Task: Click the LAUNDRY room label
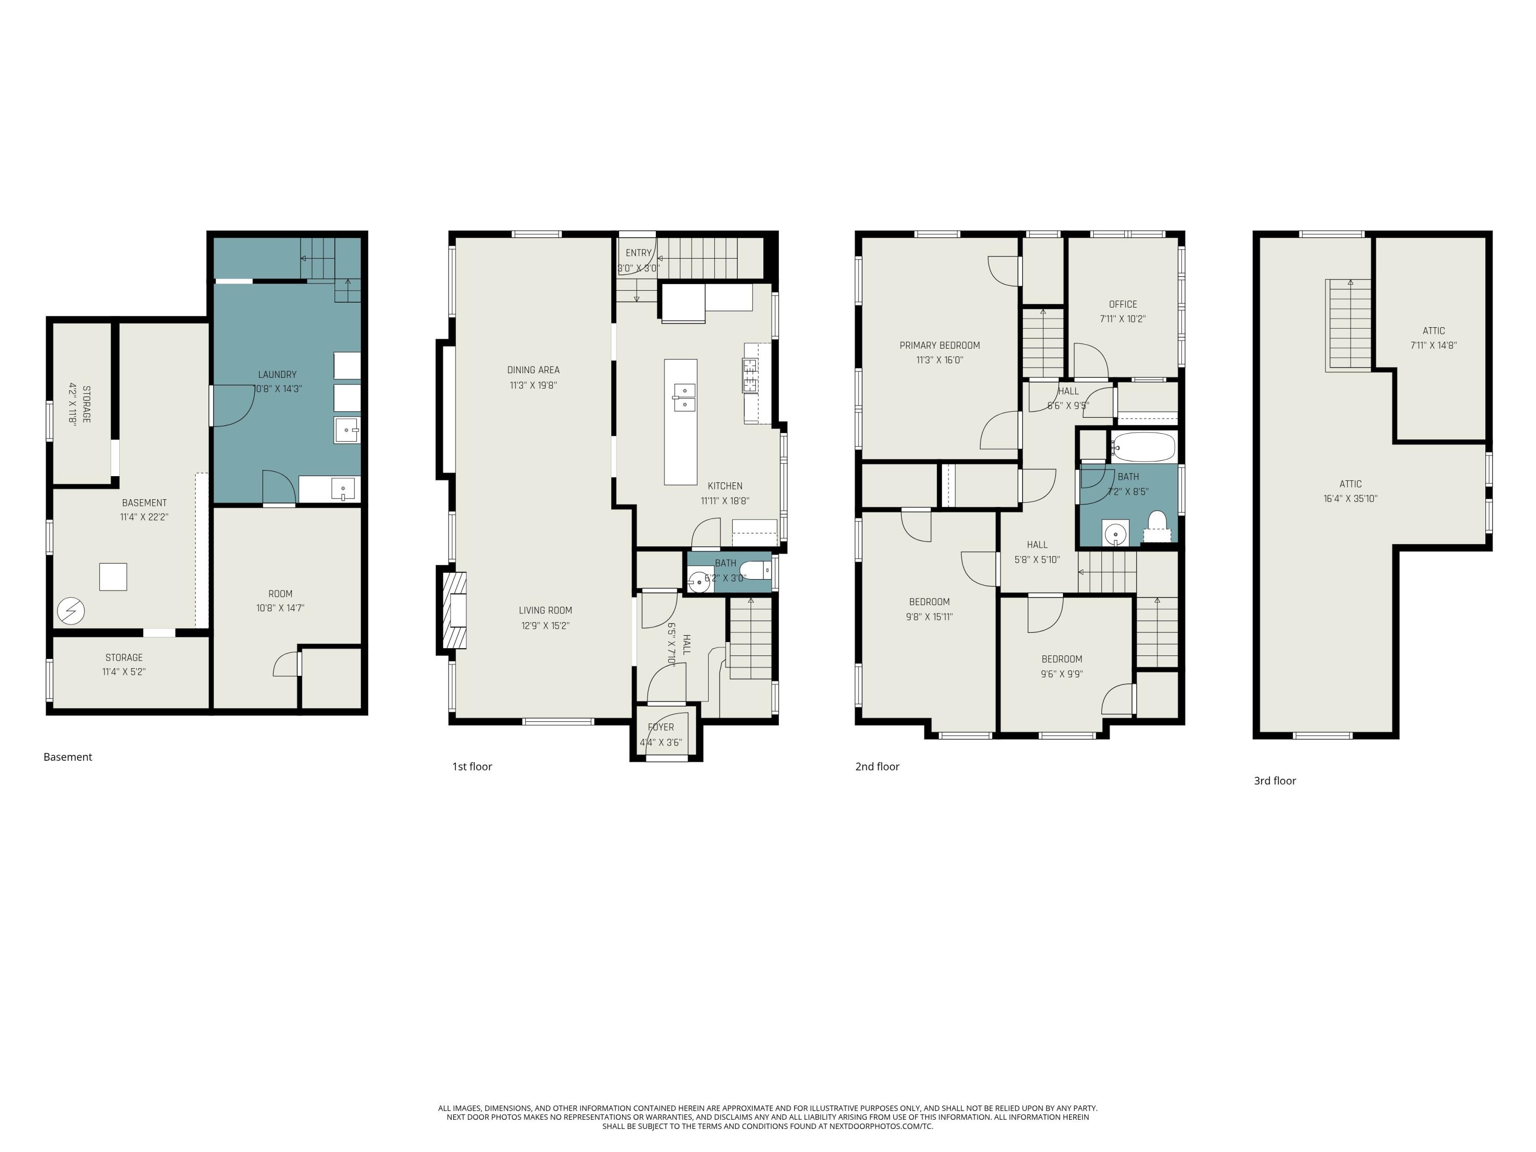click(x=277, y=374)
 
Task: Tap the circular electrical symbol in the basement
click(x=71, y=611)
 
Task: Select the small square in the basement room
click(x=113, y=577)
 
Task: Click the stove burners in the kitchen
click(x=750, y=375)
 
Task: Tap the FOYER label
click(x=660, y=727)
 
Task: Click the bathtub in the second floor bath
click(x=1143, y=447)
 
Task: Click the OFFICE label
click(x=1122, y=304)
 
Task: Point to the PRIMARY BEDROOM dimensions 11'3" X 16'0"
click(x=939, y=360)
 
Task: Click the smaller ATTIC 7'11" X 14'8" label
click(x=1433, y=337)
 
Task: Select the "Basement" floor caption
click(x=68, y=757)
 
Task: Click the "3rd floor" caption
click(x=1274, y=780)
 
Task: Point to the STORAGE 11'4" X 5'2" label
click(x=123, y=665)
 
